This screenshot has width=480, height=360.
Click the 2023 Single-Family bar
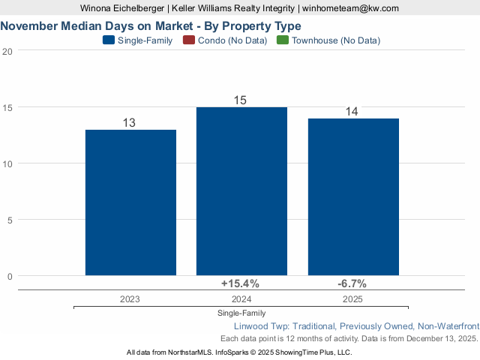pyautogui.click(x=130, y=202)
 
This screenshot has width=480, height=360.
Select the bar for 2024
pyautogui.click(x=241, y=191)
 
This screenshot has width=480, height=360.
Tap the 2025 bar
pyautogui.click(x=353, y=196)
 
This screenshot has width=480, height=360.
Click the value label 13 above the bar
pyautogui.click(x=129, y=122)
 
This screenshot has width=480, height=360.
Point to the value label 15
pyautogui.click(x=241, y=100)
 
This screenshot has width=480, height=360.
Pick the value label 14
pyautogui.click(x=352, y=111)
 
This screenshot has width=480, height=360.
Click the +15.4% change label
pyautogui.click(x=240, y=283)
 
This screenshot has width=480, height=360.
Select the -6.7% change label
pyautogui.click(x=352, y=283)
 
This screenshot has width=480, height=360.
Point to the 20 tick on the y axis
pyautogui.click(x=7, y=51)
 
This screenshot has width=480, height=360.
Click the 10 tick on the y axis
pyautogui.click(x=7, y=163)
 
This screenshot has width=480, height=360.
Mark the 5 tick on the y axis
pyautogui.click(x=10, y=220)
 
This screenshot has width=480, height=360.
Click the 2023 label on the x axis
pyautogui.click(x=130, y=298)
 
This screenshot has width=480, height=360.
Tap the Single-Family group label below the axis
pyautogui.click(x=241, y=313)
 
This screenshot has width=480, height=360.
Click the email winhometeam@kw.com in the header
pyautogui.click(x=350, y=8)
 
